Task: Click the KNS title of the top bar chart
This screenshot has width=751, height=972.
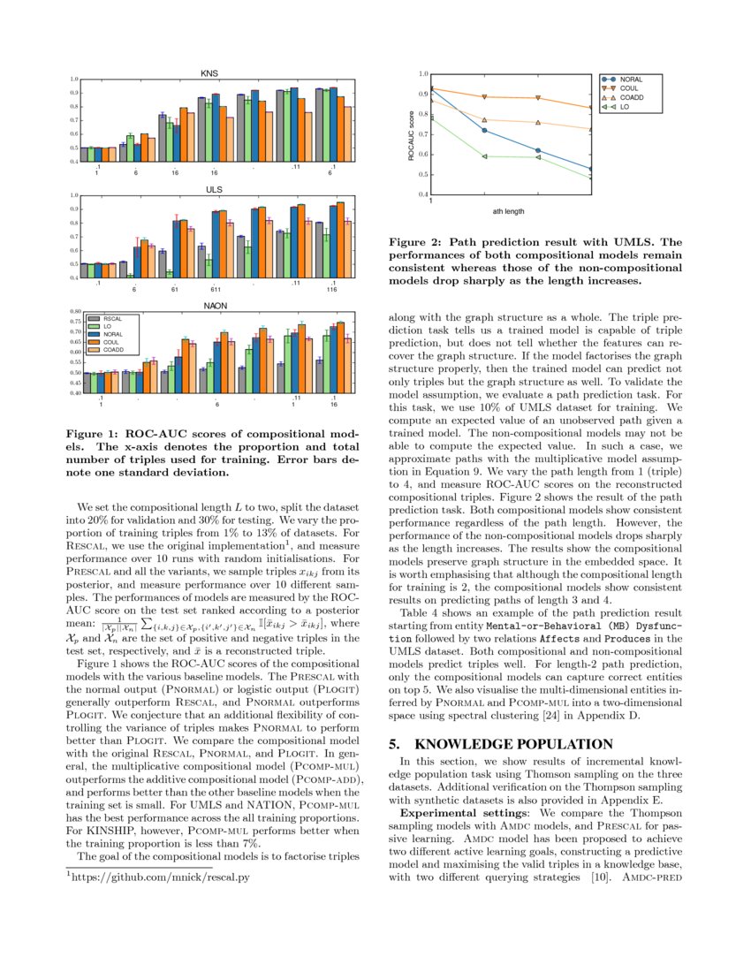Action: pyautogui.click(x=210, y=72)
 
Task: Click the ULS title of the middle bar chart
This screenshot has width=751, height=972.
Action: pyautogui.click(x=215, y=189)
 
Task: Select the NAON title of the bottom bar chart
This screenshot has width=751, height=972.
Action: pyautogui.click(x=216, y=306)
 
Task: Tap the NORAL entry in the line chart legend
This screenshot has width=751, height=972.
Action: pyautogui.click(x=630, y=80)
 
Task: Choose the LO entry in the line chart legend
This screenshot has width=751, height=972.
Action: pyautogui.click(x=624, y=106)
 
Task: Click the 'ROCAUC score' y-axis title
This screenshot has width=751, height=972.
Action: pyautogui.click(x=411, y=134)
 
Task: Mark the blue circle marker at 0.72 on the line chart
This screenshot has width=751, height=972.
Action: pyautogui.click(x=484, y=131)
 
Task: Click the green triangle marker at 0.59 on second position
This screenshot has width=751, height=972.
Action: pyautogui.click(x=484, y=156)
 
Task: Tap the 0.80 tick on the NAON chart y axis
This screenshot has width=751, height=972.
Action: pyautogui.click(x=75, y=312)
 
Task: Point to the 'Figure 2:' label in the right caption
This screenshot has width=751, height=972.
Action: pyautogui.click(x=416, y=241)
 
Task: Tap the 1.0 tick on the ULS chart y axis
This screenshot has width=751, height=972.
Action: pyautogui.click(x=75, y=195)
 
